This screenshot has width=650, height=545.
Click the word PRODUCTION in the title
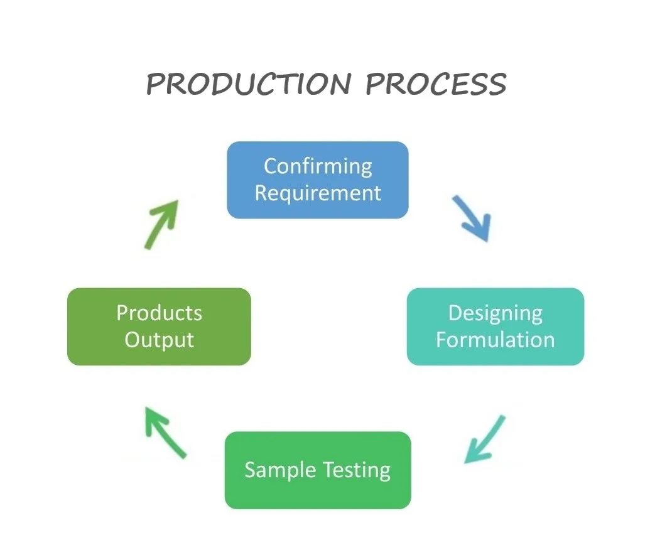249,84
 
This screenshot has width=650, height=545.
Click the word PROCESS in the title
436,84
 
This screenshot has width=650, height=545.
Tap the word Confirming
318,167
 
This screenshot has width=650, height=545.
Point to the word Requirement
318,193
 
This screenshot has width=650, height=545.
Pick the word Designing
495,314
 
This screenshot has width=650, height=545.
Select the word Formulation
495,340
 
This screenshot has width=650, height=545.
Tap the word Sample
280,470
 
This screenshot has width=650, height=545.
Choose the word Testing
357,470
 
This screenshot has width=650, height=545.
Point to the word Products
159,313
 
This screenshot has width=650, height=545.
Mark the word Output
159,340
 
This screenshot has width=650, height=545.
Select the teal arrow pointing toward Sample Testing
485,440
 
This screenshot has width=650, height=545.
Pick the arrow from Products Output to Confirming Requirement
161,224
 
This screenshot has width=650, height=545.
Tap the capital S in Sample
250,470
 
